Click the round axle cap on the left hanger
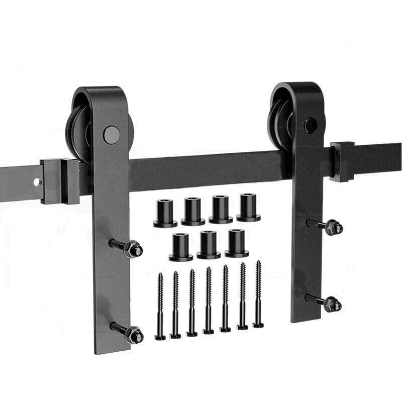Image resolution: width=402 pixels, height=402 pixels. tap(111, 135)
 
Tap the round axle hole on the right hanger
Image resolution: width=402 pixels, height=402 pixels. tap(311, 125)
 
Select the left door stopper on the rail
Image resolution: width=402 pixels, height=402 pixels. tap(60, 181)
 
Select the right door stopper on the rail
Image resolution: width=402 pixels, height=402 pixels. tap(342, 161)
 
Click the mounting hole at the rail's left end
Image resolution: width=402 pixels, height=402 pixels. tap(38, 182)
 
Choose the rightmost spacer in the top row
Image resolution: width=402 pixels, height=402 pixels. tap(248, 208)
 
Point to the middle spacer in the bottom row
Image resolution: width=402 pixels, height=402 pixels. tap(209, 245)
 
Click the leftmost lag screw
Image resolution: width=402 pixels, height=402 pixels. tap(160, 307)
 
